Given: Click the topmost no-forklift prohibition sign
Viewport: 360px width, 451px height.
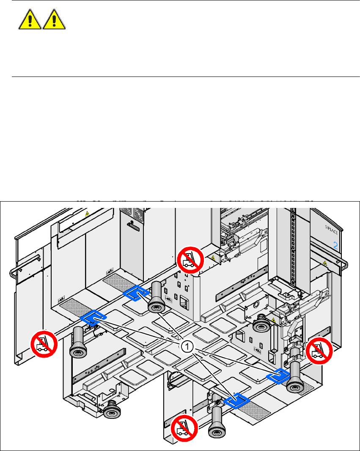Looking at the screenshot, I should coord(190,261).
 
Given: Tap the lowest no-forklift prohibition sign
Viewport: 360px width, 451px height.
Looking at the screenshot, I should coord(184,427).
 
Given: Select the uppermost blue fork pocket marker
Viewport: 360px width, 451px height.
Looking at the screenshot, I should coord(136,293).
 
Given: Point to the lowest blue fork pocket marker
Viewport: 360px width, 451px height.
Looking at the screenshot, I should coord(237,401).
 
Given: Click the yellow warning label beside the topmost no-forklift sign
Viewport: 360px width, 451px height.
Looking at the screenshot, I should coord(212,257).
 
